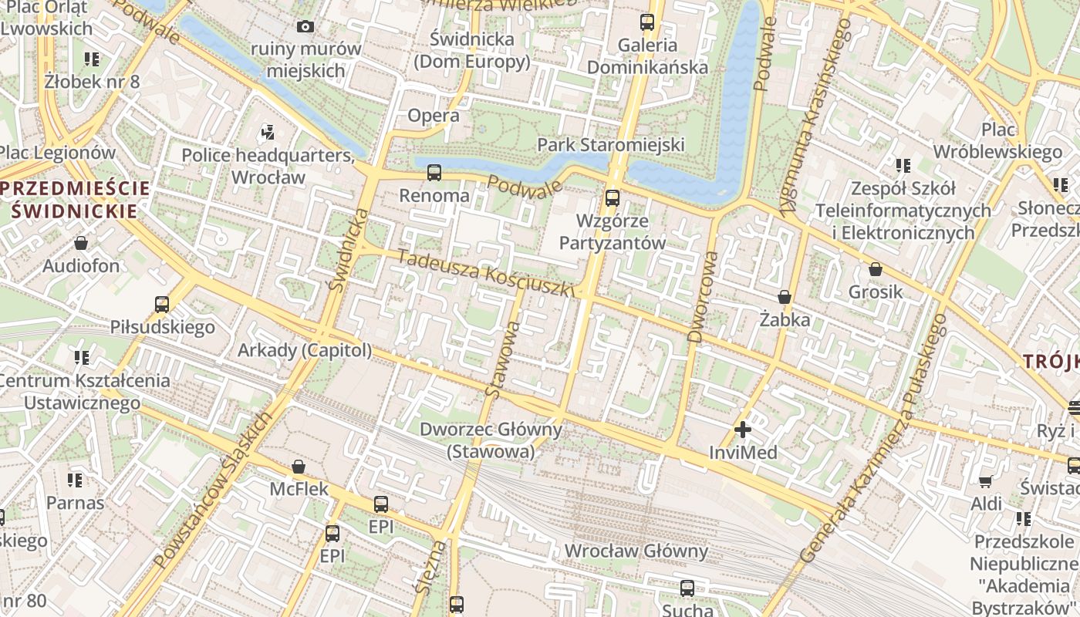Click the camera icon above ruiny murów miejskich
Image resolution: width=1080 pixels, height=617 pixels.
(x=305, y=27)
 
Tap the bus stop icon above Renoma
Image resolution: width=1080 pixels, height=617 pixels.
(x=434, y=173)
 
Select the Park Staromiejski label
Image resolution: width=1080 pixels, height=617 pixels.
(x=611, y=145)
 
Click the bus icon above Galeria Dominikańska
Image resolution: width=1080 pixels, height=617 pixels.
(x=647, y=22)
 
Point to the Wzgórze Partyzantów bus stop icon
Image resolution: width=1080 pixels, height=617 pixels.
(x=613, y=198)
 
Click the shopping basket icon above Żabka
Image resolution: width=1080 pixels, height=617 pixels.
(x=785, y=297)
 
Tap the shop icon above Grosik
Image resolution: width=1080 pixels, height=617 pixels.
(x=875, y=269)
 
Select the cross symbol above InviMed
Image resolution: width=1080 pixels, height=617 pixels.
(x=743, y=430)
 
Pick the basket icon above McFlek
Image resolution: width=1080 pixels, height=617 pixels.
(x=299, y=467)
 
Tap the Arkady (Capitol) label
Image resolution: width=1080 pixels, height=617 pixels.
(x=305, y=350)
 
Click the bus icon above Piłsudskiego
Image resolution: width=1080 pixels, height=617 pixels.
(x=162, y=305)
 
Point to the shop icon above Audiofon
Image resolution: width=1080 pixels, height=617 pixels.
(x=81, y=244)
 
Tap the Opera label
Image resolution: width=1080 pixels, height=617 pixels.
(x=433, y=116)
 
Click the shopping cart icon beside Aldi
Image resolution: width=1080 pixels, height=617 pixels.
(x=985, y=482)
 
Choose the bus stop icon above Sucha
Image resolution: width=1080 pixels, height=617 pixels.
(x=687, y=588)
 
